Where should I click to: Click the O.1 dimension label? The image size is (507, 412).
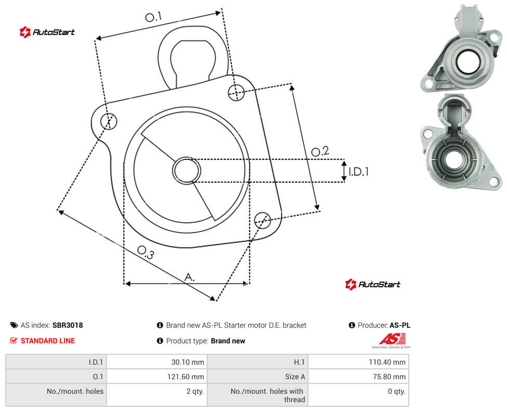click(x=153, y=17)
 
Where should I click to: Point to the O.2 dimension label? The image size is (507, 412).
click(x=320, y=151)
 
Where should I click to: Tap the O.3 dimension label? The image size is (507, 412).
click(x=145, y=252)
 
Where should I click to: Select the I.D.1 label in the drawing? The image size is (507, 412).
click(x=358, y=171)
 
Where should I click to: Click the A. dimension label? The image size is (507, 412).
click(x=190, y=277)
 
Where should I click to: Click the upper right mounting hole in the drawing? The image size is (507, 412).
click(x=236, y=92)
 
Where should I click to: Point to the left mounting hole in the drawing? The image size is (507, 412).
click(x=109, y=121)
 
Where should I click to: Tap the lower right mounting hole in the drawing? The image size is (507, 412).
click(x=262, y=220)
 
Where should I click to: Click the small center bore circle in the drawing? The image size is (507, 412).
click(x=186, y=171)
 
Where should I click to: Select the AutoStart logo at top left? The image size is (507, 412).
click(x=47, y=32)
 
